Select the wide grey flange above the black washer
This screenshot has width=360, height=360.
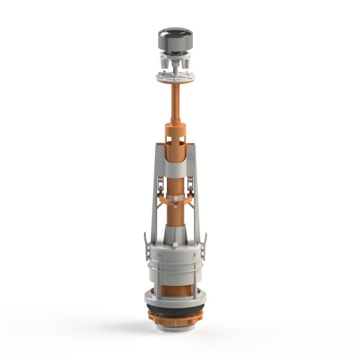(175, 298)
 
